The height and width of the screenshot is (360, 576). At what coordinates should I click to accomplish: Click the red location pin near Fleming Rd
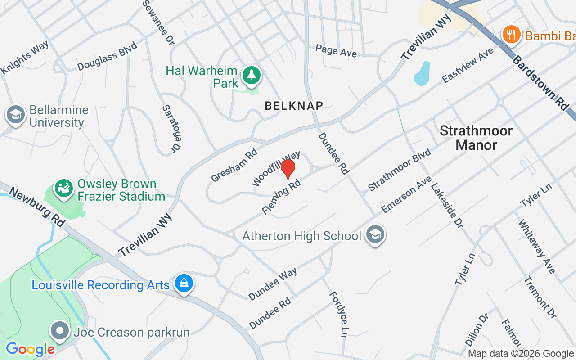[288, 169]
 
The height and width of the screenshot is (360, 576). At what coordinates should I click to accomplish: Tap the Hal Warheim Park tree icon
[251, 75]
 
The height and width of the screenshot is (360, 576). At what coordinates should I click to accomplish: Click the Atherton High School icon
[375, 234]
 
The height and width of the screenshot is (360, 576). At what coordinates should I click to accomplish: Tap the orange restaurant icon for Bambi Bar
[511, 34]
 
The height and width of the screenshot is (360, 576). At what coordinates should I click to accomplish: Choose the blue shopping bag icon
[184, 283]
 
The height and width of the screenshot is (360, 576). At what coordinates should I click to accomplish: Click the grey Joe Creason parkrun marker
[59, 332]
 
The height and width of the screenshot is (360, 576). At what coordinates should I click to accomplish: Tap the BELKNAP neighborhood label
[294, 106]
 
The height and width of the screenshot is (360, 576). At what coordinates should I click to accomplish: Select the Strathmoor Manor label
[476, 138]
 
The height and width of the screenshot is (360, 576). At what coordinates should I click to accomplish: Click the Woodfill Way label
[276, 169]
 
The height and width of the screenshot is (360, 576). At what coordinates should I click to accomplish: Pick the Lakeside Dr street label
[447, 205]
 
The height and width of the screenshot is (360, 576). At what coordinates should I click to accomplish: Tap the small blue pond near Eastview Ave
[422, 74]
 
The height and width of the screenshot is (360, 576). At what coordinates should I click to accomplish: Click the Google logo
[30, 349]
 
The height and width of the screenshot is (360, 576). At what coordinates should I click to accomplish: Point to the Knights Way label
[25, 57]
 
